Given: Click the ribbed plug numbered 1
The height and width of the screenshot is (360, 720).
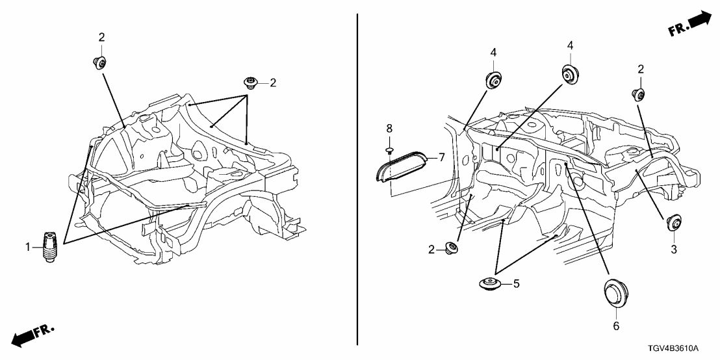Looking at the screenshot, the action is (x=49, y=246).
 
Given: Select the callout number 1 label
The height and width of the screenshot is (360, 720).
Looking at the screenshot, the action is (x=27, y=248).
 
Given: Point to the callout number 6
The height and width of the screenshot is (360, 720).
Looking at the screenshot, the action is (x=616, y=326).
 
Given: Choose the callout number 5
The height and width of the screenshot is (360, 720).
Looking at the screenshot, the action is (x=517, y=284).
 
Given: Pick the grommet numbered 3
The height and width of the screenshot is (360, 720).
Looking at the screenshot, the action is (x=674, y=223).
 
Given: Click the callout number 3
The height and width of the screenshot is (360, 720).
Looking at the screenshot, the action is (x=674, y=250).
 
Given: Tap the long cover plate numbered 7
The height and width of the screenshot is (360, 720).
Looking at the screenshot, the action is (x=402, y=164).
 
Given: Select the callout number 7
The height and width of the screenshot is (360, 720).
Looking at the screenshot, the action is (x=442, y=158).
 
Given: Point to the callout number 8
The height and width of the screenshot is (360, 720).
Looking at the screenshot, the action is (x=389, y=128).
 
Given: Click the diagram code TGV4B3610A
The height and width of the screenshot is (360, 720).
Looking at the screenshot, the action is (x=673, y=348).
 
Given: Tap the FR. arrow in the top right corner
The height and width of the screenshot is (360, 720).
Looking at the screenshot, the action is (x=688, y=23).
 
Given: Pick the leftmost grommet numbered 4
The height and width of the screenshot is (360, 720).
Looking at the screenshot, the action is (x=494, y=80).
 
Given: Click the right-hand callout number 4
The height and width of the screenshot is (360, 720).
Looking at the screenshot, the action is (x=570, y=45).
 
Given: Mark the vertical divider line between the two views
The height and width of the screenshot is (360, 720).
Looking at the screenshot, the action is (x=357, y=179).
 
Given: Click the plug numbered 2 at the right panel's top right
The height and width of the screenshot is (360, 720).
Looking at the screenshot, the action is (x=638, y=94).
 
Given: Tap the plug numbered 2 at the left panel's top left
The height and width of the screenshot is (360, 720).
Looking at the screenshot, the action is (x=99, y=61).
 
